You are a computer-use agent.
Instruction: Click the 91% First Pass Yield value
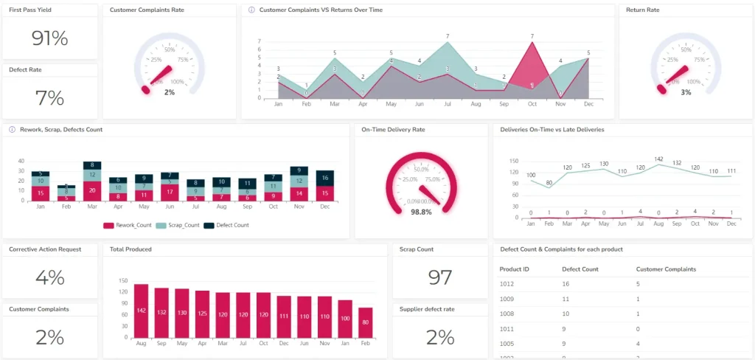tap(49, 38)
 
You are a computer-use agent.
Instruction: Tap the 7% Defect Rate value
tap(49, 98)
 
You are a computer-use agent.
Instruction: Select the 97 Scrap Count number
tap(439, 277)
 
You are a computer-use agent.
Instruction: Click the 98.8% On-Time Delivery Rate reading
tap(421, 212)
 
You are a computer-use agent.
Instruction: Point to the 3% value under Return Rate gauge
tap(686, 92)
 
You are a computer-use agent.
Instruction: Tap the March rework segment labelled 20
tap(91, 190)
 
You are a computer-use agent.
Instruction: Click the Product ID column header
tap(514, 269)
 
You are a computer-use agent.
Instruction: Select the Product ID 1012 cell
tap(507, 283)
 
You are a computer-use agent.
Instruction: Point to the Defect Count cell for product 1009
tap(566, 300)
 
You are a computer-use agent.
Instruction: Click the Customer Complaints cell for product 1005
tap(639, 344)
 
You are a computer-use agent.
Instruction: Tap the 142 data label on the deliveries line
tap(658, 159)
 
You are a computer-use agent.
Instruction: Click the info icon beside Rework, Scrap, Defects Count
tap(13, 129)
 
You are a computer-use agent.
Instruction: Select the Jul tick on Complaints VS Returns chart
tap(448, 105)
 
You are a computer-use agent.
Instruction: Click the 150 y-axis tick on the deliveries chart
tap(513, 160)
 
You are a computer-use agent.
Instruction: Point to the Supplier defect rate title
tap(427, 309)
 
